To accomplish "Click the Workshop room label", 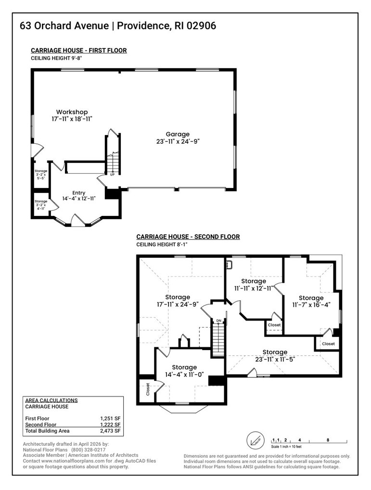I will tap(72, 115).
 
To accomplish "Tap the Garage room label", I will tap(178, 138).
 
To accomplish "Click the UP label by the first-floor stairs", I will tap(112, 175).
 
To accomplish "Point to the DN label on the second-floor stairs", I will tap(218, 320).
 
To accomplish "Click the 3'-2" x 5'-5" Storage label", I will tap(41, 174).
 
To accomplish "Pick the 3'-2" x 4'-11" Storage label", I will tap(41, 204).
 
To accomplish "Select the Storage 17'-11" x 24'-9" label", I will tap(178, 301).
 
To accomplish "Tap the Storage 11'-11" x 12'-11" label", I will tap(254, 284).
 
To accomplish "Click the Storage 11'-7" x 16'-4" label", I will tap(311, 301).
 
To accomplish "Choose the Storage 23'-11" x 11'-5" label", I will tap(275, 355).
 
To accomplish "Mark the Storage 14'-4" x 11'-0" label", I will tap(184, 371).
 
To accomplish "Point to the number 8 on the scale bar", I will tap(328, 440).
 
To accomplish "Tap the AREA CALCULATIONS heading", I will tap(51, 400).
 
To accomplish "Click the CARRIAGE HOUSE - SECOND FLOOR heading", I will tap(188, 237).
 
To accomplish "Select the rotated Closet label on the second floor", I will tap(148, 389).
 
